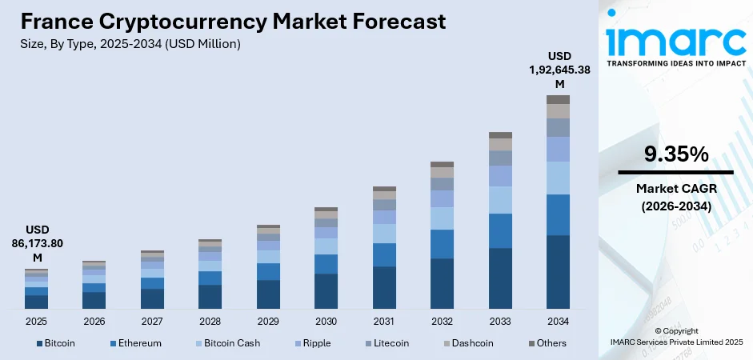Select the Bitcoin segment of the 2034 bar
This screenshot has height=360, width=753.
coord(558,272)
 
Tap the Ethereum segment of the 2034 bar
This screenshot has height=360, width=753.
coord(558,214)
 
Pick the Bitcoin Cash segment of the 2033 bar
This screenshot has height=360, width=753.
coord(500,200)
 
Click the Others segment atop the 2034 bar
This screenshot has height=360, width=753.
coord(558,99)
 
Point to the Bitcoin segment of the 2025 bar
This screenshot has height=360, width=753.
coord(36,302)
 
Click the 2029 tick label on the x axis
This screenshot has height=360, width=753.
coord(268,321)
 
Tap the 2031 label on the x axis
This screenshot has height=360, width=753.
coord(384,321)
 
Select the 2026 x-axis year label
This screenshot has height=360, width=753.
coord(94,321)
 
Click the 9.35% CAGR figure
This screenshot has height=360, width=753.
coord(675,154)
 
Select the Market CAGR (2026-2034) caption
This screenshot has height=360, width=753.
coord(675,196)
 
